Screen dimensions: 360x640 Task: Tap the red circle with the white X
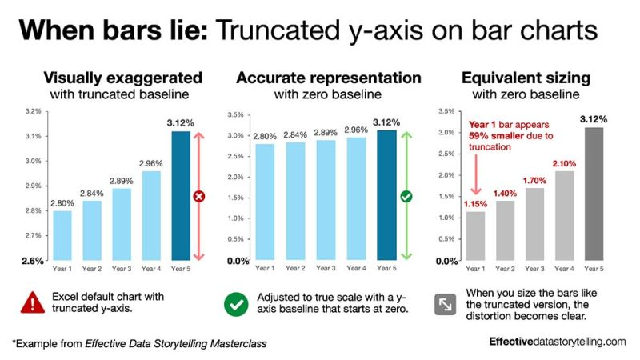200,195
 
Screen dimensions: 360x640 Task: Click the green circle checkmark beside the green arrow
406,196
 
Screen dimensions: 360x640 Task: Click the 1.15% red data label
475,204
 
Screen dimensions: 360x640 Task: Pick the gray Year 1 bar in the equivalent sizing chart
475,236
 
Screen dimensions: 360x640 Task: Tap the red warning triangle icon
33,302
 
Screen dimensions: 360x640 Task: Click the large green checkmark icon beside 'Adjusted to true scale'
235,303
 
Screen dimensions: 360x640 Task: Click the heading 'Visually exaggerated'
122,78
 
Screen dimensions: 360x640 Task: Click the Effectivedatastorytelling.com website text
558,342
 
